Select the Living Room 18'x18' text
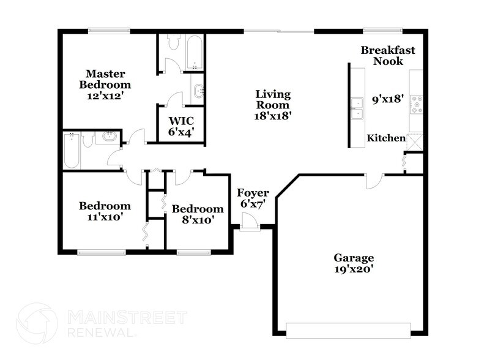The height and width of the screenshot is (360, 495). click(x=273, y=104)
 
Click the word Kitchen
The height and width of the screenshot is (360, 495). click(x=385, y=138)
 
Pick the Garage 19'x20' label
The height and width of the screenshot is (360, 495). click(x=353, y=263)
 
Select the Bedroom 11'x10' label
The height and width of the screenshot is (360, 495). click(x=105, y=211)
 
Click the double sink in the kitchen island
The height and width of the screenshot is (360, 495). click(x=357, y=108)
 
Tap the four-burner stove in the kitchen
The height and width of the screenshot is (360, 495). click(x=417, y=105)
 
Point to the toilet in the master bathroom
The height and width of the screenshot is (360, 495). click(x=172, y=42)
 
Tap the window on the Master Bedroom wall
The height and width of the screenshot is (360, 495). click(x=109, y=31)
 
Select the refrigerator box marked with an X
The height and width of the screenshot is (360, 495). click(x=415, y=141)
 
